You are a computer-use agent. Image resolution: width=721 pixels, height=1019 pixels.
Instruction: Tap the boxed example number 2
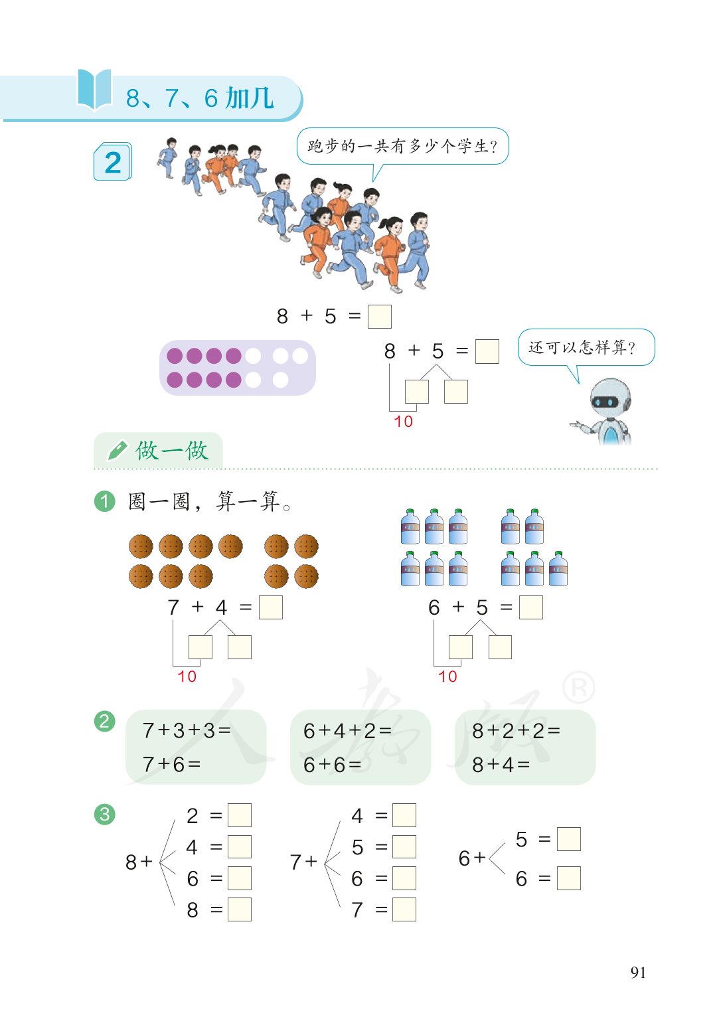pos(113,162)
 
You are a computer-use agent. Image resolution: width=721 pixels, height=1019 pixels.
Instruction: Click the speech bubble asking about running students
pos(402,146)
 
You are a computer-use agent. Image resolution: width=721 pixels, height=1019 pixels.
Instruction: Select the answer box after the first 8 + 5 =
pos(379,316)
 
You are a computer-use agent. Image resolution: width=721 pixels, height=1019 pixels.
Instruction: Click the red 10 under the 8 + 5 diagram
pos(403,422)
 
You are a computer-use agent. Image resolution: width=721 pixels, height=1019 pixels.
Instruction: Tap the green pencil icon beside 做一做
pos(117,451)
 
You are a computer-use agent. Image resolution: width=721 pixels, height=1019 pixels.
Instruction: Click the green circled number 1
pos(105,501)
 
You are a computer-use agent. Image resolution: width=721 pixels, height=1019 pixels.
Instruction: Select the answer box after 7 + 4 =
pos(270,607)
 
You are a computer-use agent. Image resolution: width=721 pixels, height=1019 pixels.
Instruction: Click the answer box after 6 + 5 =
pos(530,607)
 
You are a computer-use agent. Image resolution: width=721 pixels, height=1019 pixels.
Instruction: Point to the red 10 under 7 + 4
pos(187,676)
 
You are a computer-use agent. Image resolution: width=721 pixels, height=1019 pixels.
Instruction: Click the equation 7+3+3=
pos(187,731)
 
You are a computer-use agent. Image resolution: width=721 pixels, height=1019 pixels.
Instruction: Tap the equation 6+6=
pos(332,765)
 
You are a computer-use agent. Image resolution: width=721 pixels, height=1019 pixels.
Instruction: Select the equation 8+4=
pos(501,765)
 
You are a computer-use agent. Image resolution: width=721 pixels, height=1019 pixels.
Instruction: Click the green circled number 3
pos(105,814)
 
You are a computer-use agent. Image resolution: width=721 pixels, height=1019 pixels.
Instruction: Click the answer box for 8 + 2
pos(239,815)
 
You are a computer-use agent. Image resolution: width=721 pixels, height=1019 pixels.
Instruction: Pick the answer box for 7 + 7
pos(404,909)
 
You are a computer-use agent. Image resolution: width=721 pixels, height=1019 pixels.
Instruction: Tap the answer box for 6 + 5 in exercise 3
pos(568,839)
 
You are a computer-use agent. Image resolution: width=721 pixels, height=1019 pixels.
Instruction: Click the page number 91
pos(638,973)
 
